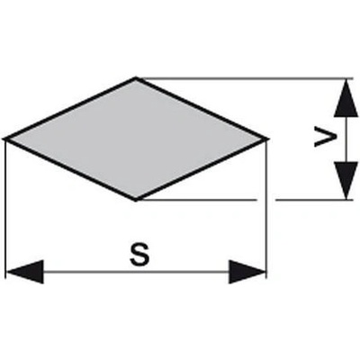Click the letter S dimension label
coord(139,255)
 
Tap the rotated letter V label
coord(325,138)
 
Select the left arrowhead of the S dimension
coord(25,272)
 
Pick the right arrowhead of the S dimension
coord(247,272)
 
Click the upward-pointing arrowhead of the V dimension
coord(346,98)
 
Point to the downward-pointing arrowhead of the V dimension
coord(346,180)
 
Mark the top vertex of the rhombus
coord(136,78)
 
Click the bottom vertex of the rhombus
coord(136,199)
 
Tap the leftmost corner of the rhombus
coord(4,139)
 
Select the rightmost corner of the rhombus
coord(268,139)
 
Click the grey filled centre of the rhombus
coord(136,139)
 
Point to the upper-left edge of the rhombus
coord(70,109)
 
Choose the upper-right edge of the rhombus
coord(202,109)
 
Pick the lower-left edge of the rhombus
coord(70,169)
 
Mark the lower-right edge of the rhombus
coord(202,169)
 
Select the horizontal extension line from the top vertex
coord(245,78)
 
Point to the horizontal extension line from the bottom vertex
coord(245,199)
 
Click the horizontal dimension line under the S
coord(136,272)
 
